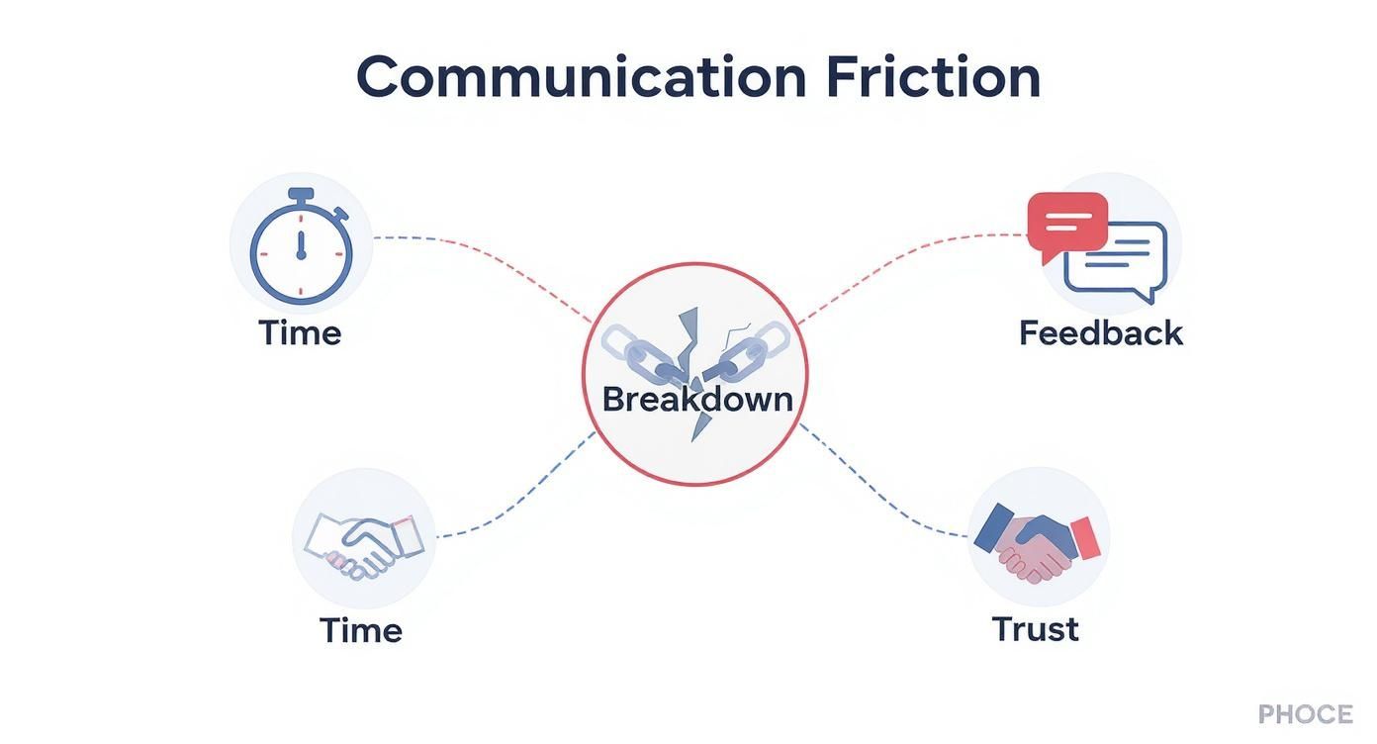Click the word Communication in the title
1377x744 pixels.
click(581, 77)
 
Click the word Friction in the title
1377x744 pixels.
click(933, 77)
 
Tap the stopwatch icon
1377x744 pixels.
click(301, 247)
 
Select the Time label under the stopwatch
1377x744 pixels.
click(300, 332)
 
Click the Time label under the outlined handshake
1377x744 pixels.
click(360, 630)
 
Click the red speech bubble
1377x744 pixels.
click(1066, 222)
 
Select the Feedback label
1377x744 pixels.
click(1100, 332)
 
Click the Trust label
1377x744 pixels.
click(1035, 629)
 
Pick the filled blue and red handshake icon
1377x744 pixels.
click(1037, 543)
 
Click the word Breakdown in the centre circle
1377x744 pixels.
click(696, 400)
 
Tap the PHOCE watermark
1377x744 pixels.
click(1305, 714)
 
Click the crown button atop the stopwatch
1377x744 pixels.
click(301, 194)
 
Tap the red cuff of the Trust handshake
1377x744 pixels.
click(1085, 537)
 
